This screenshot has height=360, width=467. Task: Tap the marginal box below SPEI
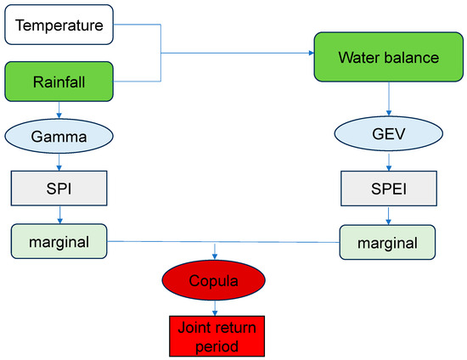pos(386,242)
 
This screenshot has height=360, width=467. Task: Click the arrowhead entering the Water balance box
pos(310,53)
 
